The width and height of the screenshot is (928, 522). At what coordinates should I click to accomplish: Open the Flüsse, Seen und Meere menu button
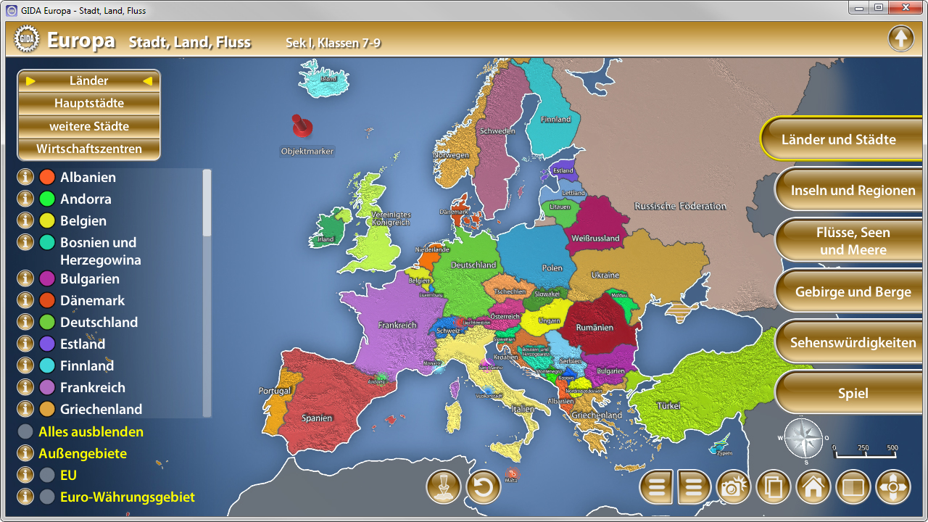pos(853,241)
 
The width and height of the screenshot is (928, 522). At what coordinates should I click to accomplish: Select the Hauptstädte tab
pos(89,103)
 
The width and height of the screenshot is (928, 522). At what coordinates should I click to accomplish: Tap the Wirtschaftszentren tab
pos(89,149)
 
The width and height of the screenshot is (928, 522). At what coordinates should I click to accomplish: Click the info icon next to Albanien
pos(25,177)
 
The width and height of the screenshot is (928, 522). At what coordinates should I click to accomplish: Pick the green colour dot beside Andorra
pos(47,199)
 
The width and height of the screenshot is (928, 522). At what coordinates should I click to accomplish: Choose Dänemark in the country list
pos(92,300)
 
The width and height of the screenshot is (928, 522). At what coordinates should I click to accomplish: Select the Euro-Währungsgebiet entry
pos(127,497)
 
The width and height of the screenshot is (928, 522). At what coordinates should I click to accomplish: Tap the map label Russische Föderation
pos(680,206)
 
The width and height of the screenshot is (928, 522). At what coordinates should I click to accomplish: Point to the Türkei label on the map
pos(668,406)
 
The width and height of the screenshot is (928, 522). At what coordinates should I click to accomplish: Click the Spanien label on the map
pos(317,418)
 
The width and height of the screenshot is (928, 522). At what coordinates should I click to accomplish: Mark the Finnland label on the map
pos(555,119)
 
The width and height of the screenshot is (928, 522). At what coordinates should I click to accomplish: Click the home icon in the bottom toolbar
pos(813,487)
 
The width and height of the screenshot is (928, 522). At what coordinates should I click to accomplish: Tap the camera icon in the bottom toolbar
pos(734,487)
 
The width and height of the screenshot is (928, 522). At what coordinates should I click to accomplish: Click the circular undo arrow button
pos(484,487)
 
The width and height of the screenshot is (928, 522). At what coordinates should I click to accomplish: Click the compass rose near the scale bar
pos(803,439)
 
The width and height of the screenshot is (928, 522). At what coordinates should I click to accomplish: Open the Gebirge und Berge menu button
pos(853,291)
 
